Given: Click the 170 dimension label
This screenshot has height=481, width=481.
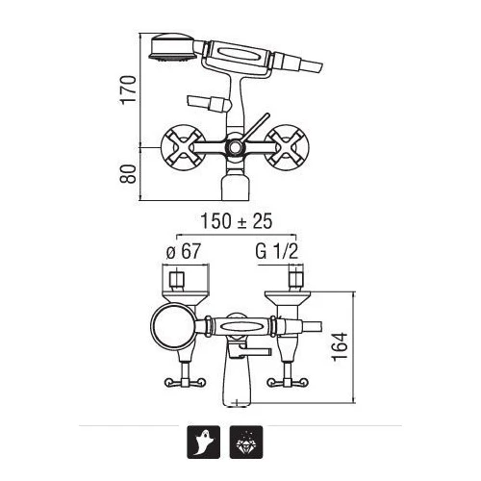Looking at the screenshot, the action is pos(128,89).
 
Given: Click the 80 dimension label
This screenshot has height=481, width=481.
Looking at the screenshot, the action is pos(128,174).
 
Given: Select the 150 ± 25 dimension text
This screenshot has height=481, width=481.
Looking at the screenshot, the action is pos(237,221).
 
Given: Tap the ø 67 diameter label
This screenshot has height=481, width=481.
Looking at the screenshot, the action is pos(183,251).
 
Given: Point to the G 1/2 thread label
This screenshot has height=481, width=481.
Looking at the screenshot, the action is pos(277,251).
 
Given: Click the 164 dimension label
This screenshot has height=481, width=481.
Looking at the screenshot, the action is pos(341,346).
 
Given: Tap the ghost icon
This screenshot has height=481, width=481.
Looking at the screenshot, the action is pos(204,442).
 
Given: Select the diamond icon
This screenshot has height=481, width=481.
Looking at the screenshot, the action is pos(246,442).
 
